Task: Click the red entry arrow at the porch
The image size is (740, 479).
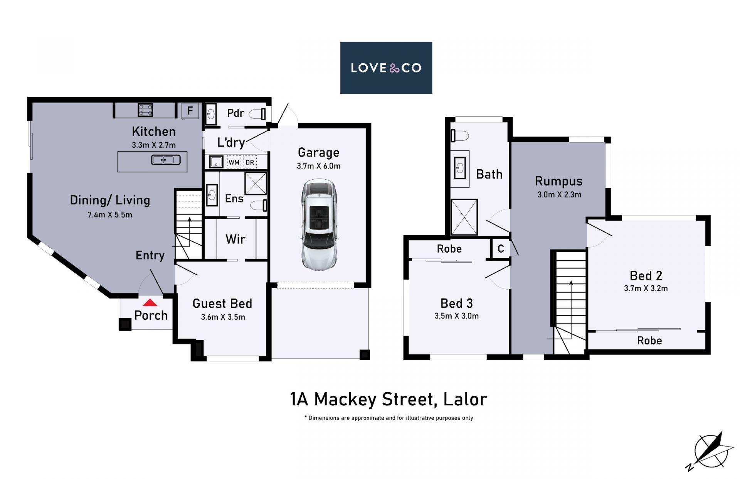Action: click(150, 303)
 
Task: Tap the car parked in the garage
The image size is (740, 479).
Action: click(319, 224)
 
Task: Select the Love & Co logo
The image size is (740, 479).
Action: click(386, 68)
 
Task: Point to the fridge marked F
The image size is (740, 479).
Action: click(190, 111)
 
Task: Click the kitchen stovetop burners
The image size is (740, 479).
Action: click(145, 110)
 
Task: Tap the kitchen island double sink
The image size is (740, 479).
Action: click(166, 159)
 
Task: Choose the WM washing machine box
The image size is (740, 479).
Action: click(234, 162)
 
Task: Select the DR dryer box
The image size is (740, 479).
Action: click(250, 162)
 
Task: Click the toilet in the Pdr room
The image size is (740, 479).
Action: click(257, 114)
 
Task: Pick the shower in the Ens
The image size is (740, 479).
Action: click(256, 184)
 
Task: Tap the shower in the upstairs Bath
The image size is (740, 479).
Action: click(464, 217)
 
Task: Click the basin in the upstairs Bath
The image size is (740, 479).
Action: click(460, 168)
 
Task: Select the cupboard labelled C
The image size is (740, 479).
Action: click(501, 249)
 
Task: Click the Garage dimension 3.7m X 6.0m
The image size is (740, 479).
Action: click(318, 166)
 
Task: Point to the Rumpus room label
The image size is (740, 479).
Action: click(558, 181)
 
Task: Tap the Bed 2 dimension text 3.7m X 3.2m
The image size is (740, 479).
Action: click(646, 288)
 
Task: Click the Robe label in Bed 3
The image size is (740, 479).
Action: click(449, 249)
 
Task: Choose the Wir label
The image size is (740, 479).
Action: click(235, 239)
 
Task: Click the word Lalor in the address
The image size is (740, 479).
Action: click(465, 399)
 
